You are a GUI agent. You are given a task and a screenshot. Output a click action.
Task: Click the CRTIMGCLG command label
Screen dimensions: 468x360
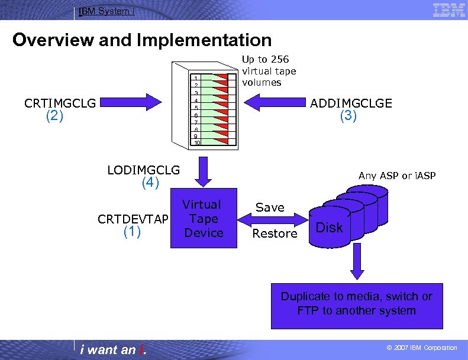60,103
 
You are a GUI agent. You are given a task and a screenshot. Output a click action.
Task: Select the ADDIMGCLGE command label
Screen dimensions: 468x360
351,103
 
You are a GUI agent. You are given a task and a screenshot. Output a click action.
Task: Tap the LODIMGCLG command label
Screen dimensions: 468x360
144,170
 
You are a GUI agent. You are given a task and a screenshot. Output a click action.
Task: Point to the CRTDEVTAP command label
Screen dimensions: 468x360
133,219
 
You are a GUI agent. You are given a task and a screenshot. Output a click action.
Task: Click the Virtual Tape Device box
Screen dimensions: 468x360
203,219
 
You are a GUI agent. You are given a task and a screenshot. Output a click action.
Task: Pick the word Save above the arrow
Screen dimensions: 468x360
270,207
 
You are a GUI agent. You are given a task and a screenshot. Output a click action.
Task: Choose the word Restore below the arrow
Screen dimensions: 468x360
275,233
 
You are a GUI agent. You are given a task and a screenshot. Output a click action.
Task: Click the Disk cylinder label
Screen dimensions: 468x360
330,228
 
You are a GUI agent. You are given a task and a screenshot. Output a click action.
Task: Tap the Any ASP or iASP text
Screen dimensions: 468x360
396,176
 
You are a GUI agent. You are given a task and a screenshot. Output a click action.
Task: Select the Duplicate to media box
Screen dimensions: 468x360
356,303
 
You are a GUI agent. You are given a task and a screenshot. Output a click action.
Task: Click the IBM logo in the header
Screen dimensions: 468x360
448,10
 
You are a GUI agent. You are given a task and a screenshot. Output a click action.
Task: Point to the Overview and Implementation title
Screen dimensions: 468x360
142,40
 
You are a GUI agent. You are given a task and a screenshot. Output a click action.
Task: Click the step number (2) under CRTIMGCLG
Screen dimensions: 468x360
54,116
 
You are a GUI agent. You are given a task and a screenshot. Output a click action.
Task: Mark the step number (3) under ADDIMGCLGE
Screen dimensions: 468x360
348,116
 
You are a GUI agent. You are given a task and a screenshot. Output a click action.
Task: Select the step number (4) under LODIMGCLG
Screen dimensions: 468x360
151,183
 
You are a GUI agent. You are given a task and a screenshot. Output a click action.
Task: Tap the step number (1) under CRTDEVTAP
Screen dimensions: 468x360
132,232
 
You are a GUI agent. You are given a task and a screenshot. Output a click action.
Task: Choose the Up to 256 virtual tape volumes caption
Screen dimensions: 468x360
269,70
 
